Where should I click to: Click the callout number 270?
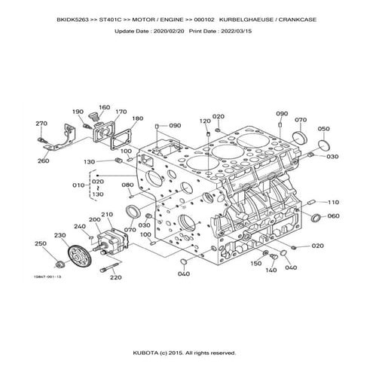pos(41,123)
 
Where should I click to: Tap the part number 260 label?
pos(44,161)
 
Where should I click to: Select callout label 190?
pos(78,112)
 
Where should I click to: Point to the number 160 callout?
pos(104,107)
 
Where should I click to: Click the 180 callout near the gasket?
pos(136,119)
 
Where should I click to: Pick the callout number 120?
pos(205,121)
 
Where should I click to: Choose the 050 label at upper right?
pos(323,129)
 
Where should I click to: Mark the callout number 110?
pos(333,202)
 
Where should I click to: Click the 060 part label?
pos(333,216)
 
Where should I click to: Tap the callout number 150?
pos(255,264)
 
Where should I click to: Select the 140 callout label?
pos(271,270)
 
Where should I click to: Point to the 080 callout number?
pos(127,185)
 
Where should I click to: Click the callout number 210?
pos(107,214)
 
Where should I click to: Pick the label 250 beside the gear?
pos(41,243)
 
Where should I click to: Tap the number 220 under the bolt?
pos(115,277)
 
